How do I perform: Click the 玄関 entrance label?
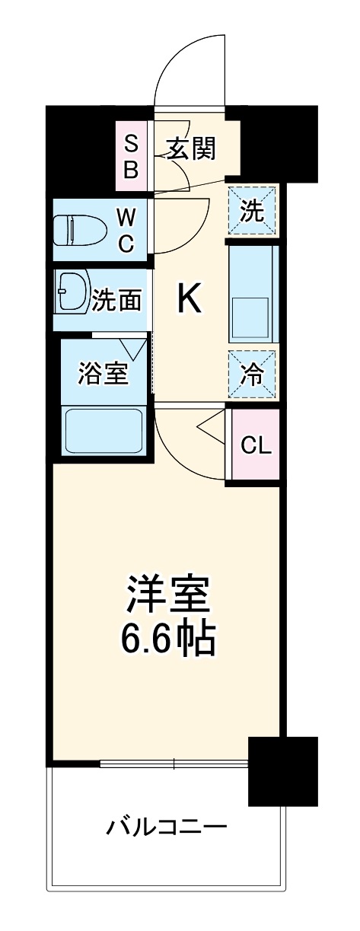coord(192,148)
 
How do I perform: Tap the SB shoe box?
coord(132,155)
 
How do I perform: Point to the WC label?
coord(126,231)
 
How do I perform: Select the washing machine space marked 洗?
coord(251,209)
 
